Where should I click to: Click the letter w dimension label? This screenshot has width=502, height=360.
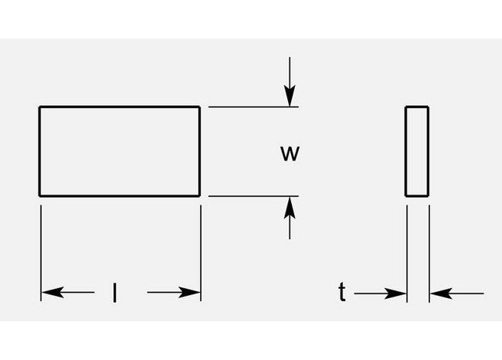[289, 153]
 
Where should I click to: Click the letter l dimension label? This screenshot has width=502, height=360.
[115, 293]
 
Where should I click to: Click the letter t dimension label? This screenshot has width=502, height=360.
[341, 292]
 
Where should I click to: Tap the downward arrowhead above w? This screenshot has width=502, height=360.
[289, 97]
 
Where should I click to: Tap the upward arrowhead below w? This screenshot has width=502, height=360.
[289, 205]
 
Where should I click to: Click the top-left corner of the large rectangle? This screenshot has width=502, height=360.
[39, 107]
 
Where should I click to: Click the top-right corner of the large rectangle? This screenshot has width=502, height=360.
[200, 107]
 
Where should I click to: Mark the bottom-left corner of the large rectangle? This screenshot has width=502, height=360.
[39, 195]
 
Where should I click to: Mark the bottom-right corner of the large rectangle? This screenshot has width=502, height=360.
[200, 195]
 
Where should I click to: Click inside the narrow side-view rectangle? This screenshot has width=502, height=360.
[417, 151]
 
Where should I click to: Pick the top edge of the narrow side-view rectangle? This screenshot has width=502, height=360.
[417, 107]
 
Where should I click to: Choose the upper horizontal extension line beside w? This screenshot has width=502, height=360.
[247, 107]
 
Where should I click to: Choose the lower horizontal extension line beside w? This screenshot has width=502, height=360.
[247, 196]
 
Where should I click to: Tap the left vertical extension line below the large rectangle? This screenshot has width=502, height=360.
[40, 247]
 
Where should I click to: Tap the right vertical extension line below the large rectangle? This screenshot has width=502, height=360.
[201, 247]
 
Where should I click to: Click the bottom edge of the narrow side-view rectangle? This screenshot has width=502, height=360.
[417, 195]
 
